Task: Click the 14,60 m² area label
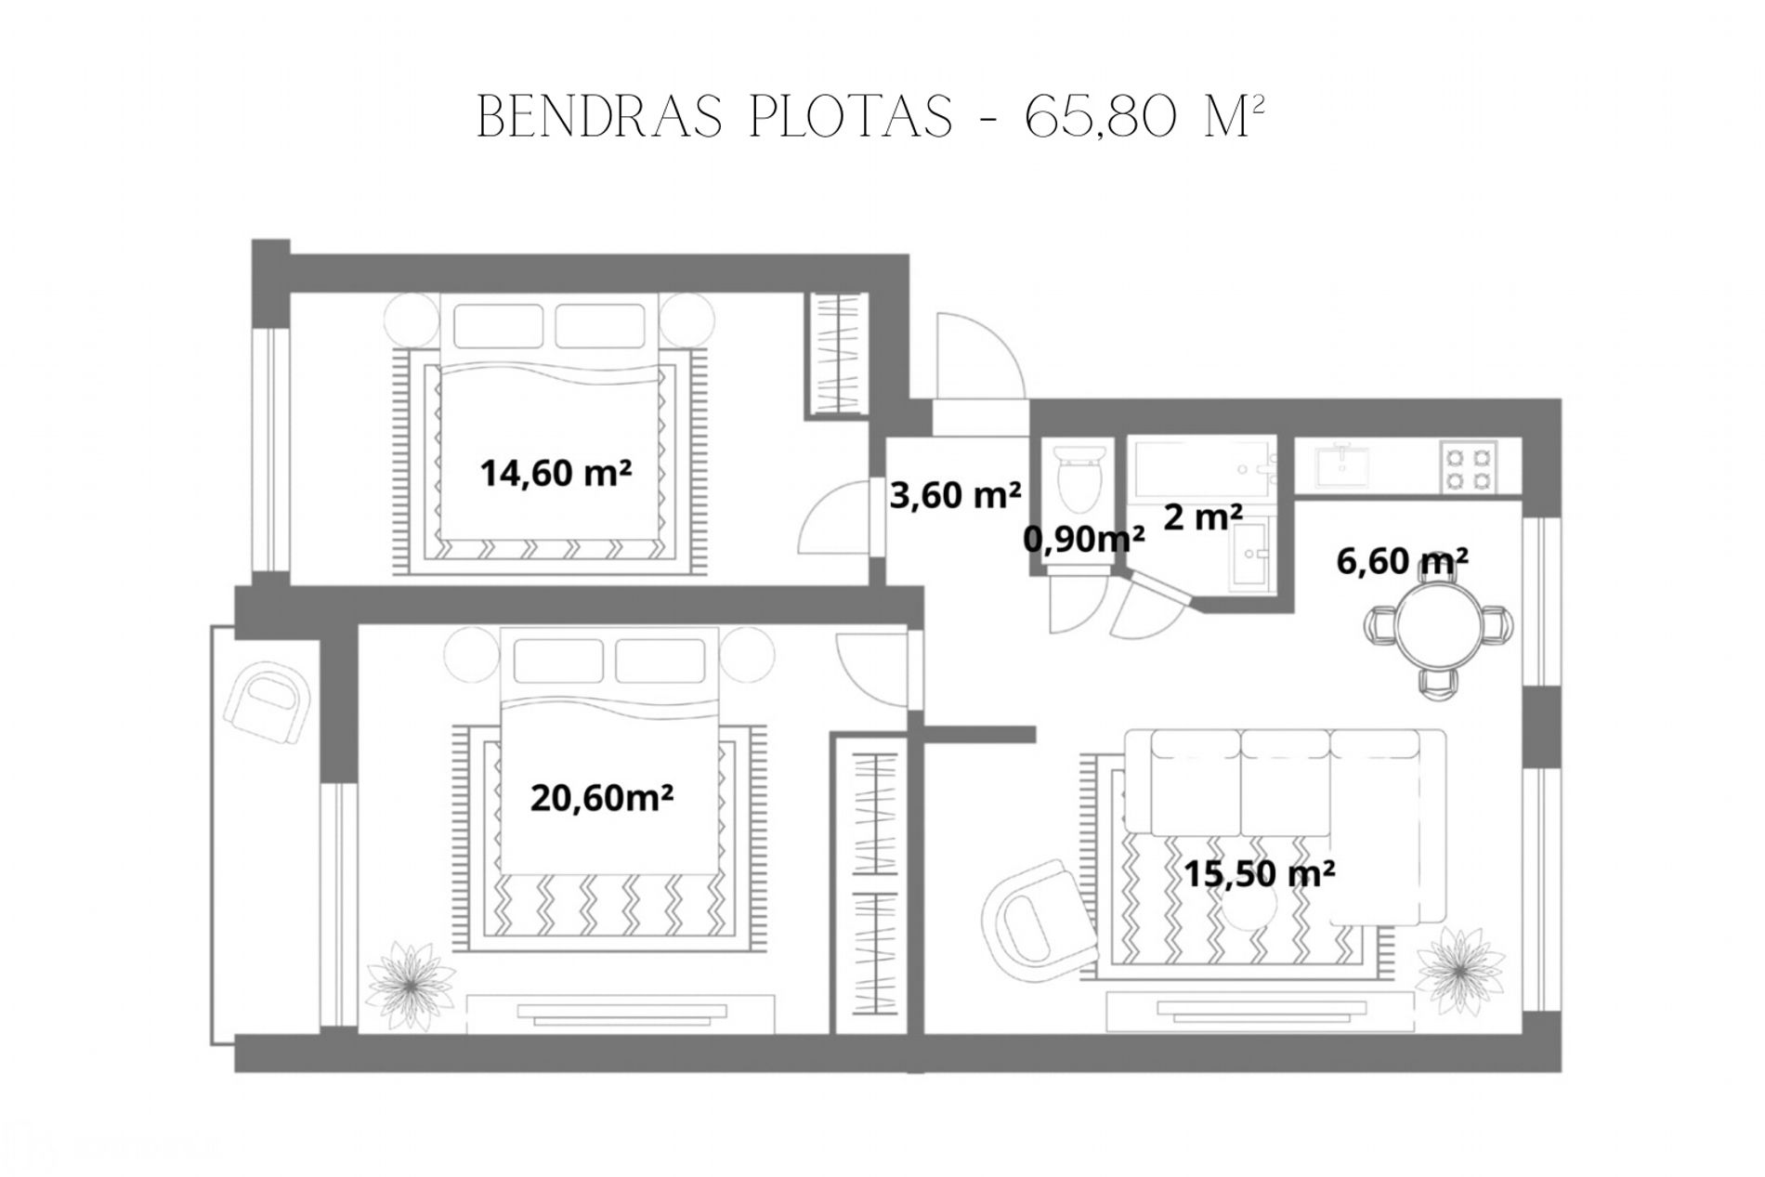[556, 473]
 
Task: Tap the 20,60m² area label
[602, 797]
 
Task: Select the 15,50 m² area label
[1259, 873]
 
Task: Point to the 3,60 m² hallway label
[955, 494]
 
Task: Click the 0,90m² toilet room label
[1084, 538]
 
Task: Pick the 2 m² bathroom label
[1203, 517]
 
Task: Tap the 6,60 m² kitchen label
[1402, 560]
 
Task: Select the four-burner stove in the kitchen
[1469, 467]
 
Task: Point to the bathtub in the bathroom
[1202, 467]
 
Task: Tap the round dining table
[1439, 626]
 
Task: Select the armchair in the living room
[1039, 916]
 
